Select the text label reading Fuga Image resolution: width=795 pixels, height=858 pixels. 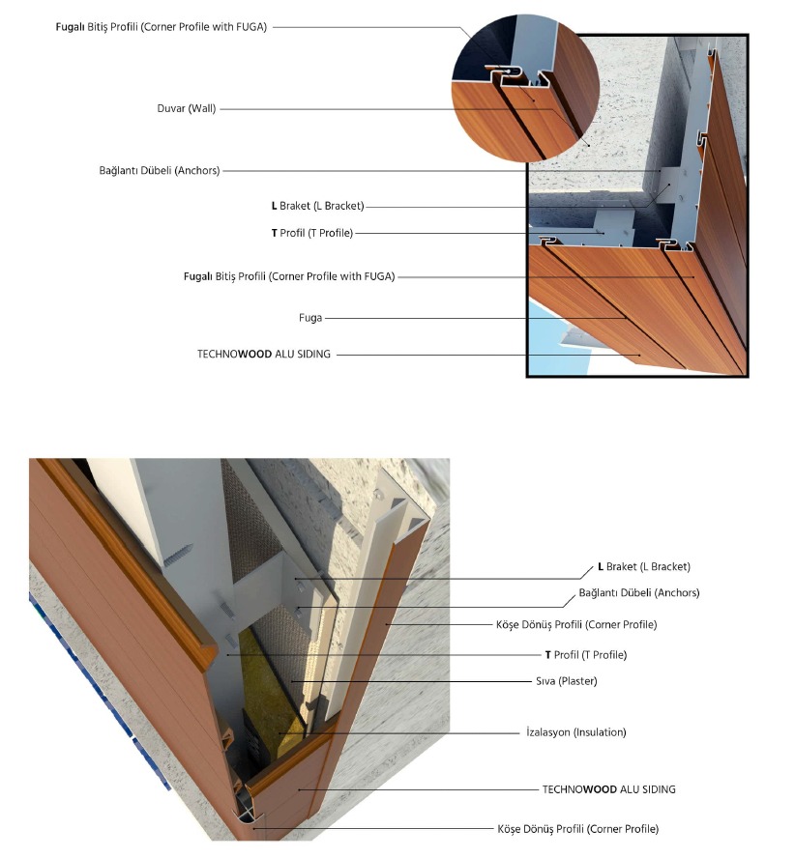[309, 317]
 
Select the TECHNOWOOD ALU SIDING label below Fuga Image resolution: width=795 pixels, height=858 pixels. [263, 355]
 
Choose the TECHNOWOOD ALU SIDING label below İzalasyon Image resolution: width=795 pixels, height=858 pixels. [608, 789]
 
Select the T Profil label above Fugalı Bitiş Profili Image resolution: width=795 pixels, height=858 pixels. [311, 233]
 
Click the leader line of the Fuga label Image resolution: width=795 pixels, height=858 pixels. [474, 317]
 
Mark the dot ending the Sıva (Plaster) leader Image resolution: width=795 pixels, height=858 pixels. [290, 681]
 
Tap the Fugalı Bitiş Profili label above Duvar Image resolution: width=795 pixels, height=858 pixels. [162, 27]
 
